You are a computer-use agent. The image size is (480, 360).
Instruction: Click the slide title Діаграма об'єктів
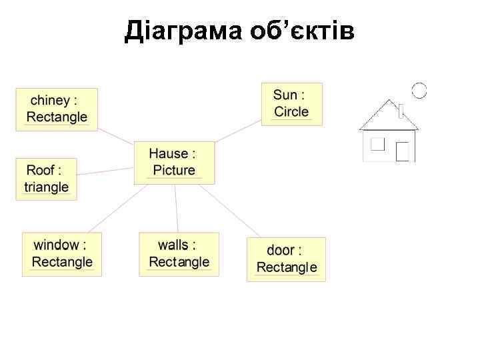pyautogui.click(x=239, y=31)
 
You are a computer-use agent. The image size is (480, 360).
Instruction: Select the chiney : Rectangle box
pyautogui.click(x=57, y=109)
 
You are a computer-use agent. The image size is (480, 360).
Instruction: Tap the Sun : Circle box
pyautogui.click(x=291, y=104)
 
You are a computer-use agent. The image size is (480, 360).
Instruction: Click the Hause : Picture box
pyautogui.click(x=173, y=163)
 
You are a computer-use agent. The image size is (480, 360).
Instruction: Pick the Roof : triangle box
pyautogui.click(x=46, y=179)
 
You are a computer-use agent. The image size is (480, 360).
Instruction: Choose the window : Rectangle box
pyautogui.click(x=61, y=254)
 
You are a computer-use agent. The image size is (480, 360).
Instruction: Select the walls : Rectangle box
pyautogui.click(x=179, y=254)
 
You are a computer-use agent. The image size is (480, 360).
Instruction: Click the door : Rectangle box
pyautogui.click(x=286, y=259)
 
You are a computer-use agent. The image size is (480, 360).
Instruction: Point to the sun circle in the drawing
pyautogui.click(x=419, y=91)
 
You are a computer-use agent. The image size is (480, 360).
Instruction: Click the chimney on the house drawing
pyautogui.click(x=401, y=110)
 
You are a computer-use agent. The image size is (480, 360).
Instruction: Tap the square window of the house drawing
pyautogui.click(x=377, y=144)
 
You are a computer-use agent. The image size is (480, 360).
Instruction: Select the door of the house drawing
pyautogui.click(x=402, y=152)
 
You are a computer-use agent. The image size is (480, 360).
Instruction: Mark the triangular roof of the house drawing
pyautogui.click(x=388, y=117)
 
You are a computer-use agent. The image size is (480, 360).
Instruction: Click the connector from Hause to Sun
pyautogui.click(x=237, y=132)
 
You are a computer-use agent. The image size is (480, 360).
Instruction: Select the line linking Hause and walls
pyautogui.click(x=177, y=208)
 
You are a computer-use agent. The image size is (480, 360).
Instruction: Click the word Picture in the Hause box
pyautogui.click(x=174, y=171)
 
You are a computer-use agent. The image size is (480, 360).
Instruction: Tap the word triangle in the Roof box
pyautogui.click(x=47, y=187)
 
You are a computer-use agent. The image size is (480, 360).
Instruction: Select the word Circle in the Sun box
pyautogui.click(x=291, y=112)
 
